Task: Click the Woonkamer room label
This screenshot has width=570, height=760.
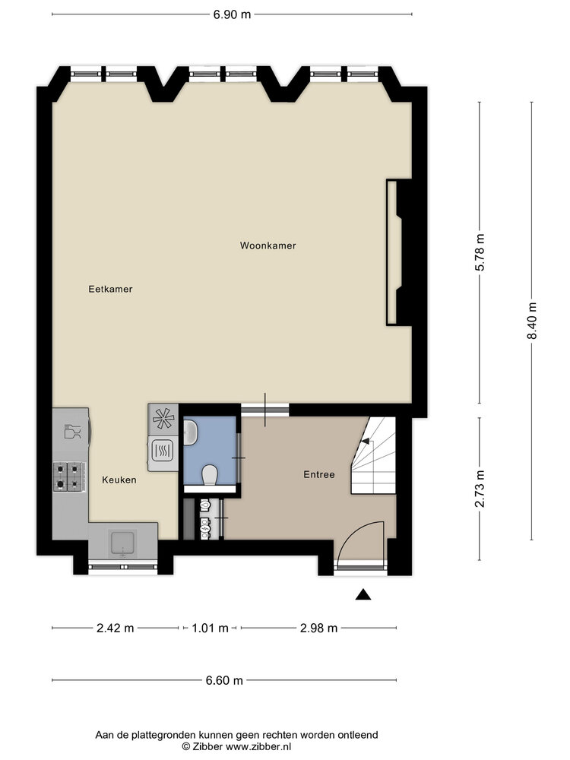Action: pos(268,245)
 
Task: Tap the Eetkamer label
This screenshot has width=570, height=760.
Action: pos(110,289)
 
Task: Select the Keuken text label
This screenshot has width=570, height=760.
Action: pos(119,480)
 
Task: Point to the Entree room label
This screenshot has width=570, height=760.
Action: pos(319,474)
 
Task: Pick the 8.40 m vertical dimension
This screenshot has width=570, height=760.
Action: pos(532,321)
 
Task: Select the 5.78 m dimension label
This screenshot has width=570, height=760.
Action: pos(479,253)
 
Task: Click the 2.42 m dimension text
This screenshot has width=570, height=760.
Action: pos(115,628)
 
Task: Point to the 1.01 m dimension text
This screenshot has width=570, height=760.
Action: pos(211,628)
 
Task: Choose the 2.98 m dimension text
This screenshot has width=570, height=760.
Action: pos(318,628)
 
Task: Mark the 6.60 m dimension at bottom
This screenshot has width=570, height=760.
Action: pos(223,680)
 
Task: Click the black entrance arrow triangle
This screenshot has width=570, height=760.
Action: pos(364,595)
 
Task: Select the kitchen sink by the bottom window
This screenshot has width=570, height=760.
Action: pos(122,543)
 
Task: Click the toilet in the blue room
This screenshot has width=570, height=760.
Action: pos(210,475)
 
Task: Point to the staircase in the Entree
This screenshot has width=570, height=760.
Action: pos(375,456)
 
